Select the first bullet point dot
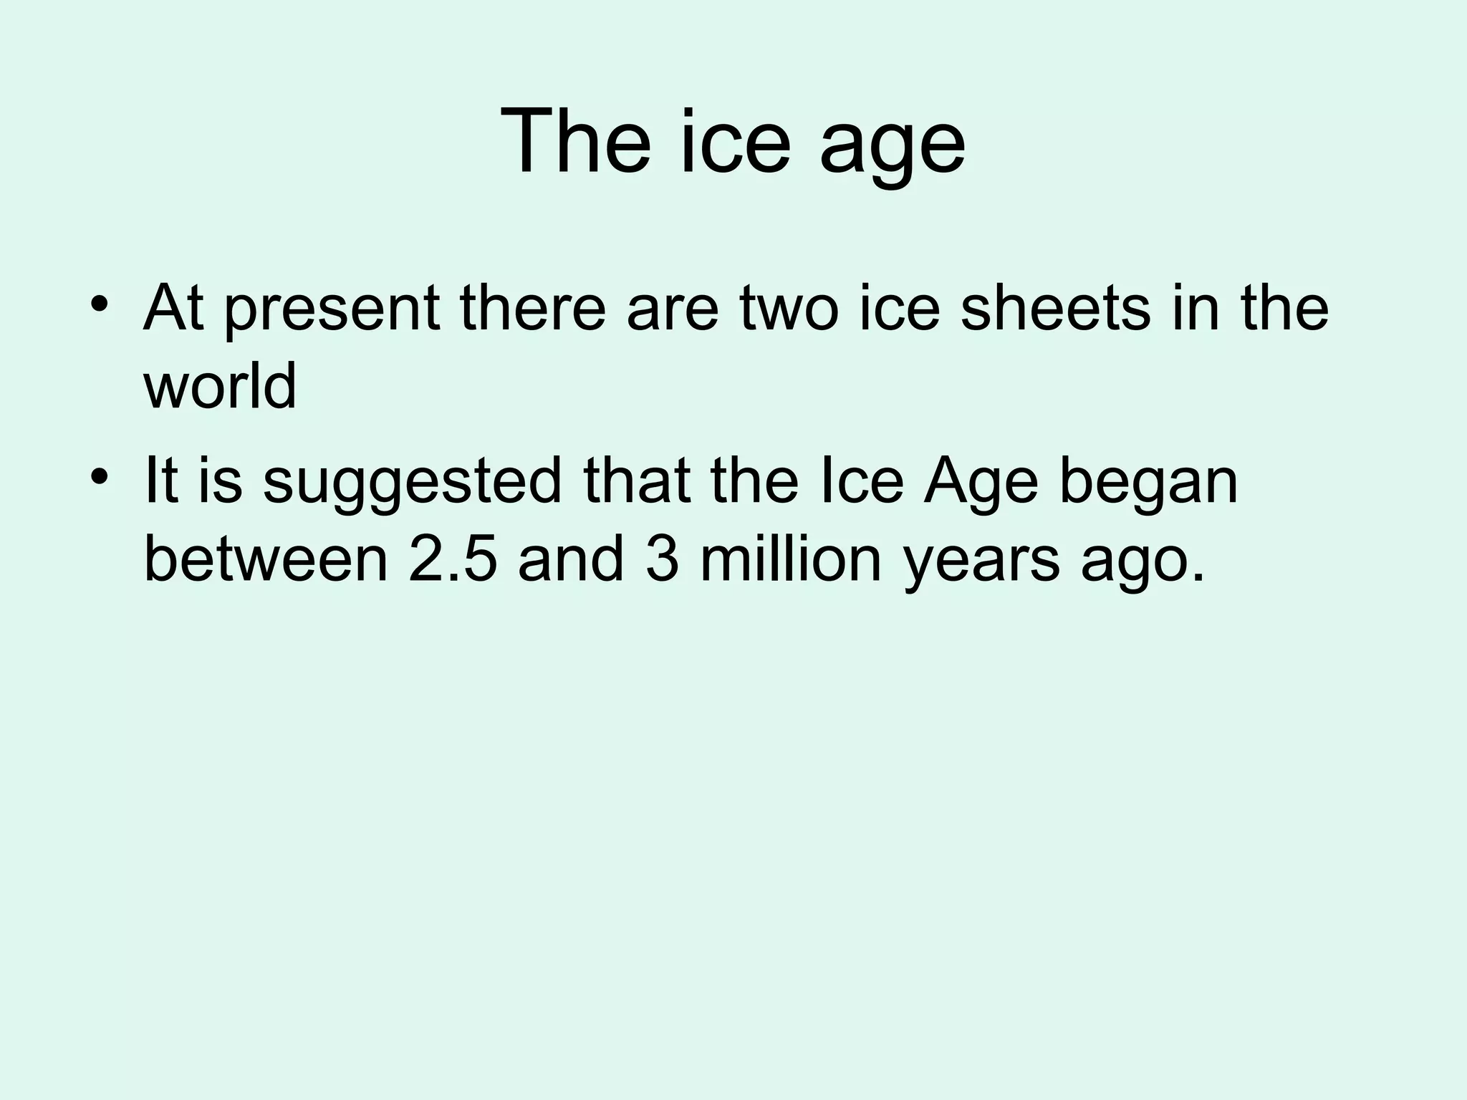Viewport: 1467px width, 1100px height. [100, 304]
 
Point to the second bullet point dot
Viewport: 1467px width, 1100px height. [100, 476]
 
